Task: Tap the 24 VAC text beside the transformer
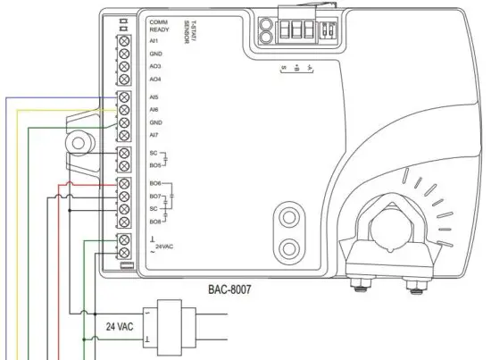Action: click(120, 326)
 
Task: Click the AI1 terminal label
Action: click(154, 40)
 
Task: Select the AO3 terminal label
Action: click(155, 67)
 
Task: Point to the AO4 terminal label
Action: click(155, 80)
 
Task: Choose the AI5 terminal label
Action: click(154, 96)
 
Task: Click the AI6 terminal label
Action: click(154, 109)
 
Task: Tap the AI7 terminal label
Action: click(154, 135)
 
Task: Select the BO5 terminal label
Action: click(155, 165)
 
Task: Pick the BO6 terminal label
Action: click(155, 183)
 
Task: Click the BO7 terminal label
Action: click(155, 196)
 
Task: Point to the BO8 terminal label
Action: click(155, 221)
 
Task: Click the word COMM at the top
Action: click(159, 21)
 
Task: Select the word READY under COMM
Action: click(160, 29)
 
